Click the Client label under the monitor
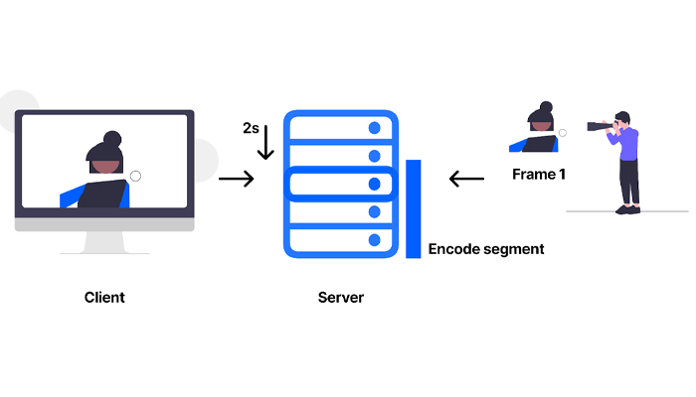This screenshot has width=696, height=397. pyautogui.click(x=104, y=297)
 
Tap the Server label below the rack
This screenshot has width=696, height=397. pyautogui.click(x=340, y=297)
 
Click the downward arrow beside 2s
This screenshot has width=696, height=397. pyautogui.click(x=265, y=143)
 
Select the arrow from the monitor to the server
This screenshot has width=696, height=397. pyautogui.click(x=236, y=179)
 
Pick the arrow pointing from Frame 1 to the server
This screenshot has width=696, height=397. pyautogui.click(x=466, y=179)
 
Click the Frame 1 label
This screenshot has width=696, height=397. pyautogui.click(x=537, y=175)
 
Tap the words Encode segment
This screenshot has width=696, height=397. pyautogui.click(x=486, y=249)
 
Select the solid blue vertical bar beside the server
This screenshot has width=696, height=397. pyautogui.click(x=413, y=208)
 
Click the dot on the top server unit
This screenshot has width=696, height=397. pyautogui.click(x=375, y=128)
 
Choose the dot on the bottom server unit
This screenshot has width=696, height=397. pyautogui.click(x=375, y=240)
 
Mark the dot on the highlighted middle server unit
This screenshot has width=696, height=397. pyautogui.click(x=375, y=184)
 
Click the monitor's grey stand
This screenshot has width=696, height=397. pyautogui.click(x=103, y=243)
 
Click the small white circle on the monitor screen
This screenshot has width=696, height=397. pyautogui.click(x=135, y=176)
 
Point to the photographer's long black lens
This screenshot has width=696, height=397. pyautogui.click(x=600, y=126)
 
